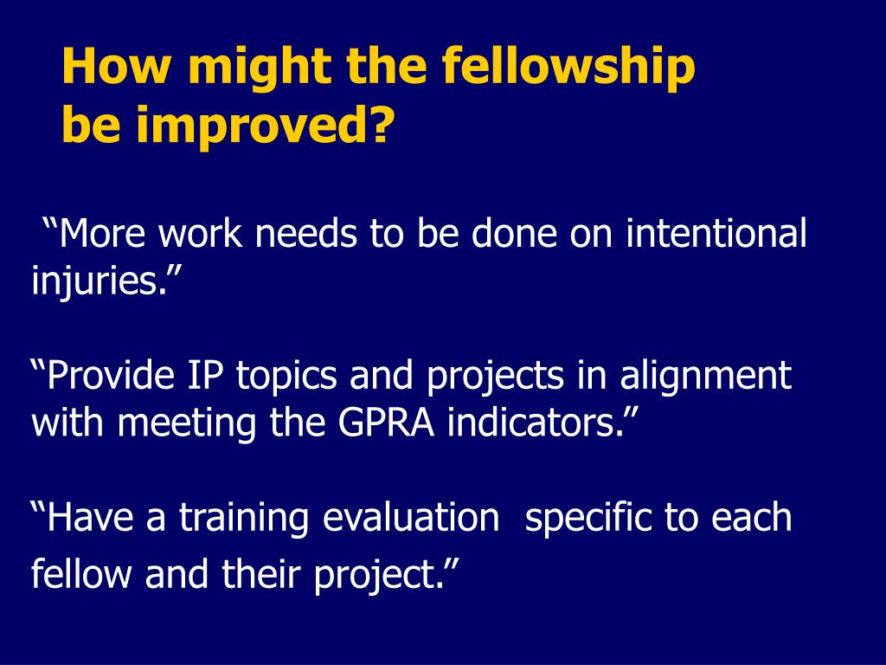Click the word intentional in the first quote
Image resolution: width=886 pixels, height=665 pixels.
pos(716,234)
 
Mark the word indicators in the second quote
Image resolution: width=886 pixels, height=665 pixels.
pos(537,424)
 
